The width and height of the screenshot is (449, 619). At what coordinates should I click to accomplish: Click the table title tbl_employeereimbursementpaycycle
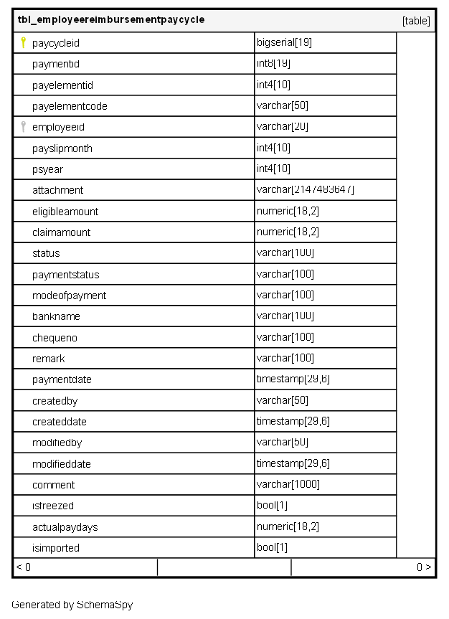[x=111, y=20]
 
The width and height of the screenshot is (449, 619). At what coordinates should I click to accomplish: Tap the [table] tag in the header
[x=416, y=21]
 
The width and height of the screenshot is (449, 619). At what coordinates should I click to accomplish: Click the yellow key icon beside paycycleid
[x=23, y=42]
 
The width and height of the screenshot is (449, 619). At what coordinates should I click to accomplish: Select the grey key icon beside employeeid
[x=23, y=127]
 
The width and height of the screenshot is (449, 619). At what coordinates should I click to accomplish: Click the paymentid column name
[x=56, y=64]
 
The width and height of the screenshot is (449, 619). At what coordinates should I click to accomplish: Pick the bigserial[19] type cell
[x=284, y=42]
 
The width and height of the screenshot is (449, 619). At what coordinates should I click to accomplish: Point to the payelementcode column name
[x=70, y=106]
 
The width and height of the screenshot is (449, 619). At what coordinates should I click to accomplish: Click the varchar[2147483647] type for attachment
[x=306, y=190]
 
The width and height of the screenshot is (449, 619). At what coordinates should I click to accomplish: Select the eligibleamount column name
[x=65, y=212]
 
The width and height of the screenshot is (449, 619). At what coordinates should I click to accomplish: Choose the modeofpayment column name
[x=69, y=296]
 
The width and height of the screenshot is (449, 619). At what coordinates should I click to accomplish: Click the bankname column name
[x=56, y=316]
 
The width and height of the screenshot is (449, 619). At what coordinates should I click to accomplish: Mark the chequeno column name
[x=55, y=337]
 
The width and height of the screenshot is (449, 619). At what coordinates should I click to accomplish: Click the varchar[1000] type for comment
[x=288, y=484]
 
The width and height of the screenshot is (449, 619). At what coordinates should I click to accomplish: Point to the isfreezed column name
[x=53, y=506]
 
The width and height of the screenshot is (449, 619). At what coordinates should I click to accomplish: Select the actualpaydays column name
[x=65, y=527]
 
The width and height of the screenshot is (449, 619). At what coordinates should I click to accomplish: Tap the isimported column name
[x=56, y=548]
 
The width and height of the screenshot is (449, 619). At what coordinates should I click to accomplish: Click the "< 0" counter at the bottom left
[x=23, y=567]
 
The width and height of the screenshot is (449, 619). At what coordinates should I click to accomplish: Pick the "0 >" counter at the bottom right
[x=424, y=567]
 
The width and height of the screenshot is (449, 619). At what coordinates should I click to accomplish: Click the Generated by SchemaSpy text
[x=72, y=605]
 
